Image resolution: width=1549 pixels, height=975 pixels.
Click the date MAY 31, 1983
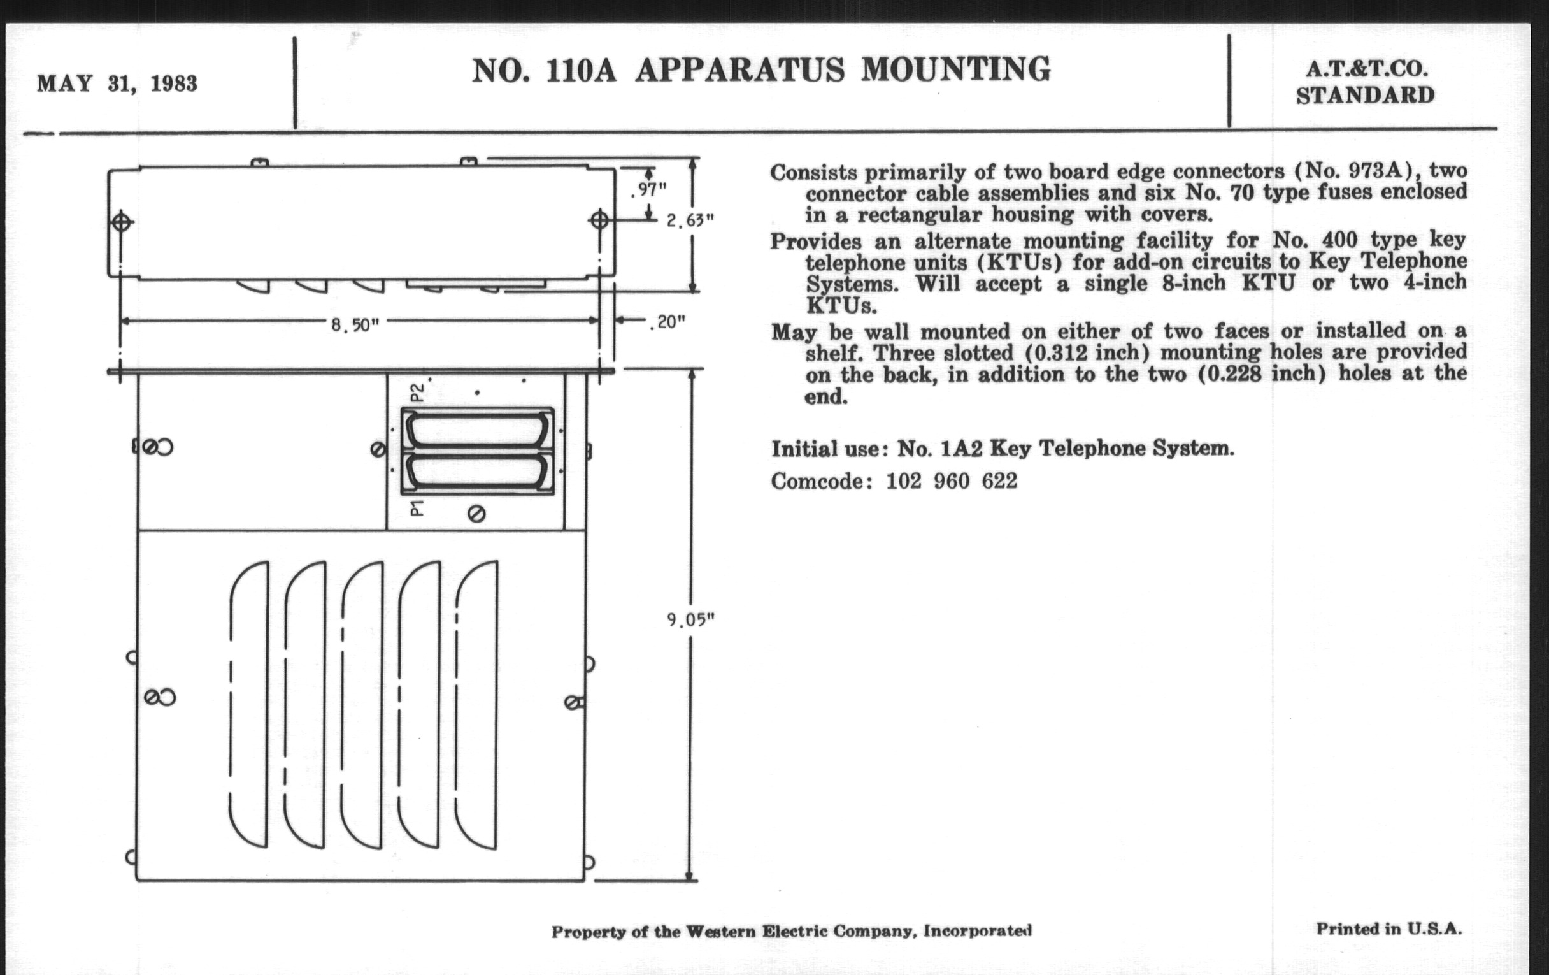click(x=117, y=84)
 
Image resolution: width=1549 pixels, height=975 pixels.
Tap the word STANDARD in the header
click(x=1365, y=96)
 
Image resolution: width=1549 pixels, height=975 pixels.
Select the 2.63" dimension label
click(x=690, y=221)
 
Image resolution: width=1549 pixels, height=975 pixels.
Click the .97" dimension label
click(x=648, y=190)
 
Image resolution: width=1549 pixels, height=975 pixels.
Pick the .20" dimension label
click(x=667, y=322)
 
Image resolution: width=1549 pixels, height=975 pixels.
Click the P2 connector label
click(x=417, y=392)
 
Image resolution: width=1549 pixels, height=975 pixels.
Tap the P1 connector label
click(x=417, y=508)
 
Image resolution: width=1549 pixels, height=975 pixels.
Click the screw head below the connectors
click(x=476, y=514)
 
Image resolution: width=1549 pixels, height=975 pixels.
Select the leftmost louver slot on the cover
click(x=249, y=704)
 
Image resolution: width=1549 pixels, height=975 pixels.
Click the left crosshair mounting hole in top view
click(x=122, y=222)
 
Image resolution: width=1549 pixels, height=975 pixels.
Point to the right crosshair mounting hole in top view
click(x=599, y=220)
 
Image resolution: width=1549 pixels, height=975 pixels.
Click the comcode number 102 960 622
click(x=952, y=481)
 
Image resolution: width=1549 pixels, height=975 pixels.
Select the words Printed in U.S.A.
click(x=1389, y=929)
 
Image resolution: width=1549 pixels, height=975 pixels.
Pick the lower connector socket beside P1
click(x=478, y=471)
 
